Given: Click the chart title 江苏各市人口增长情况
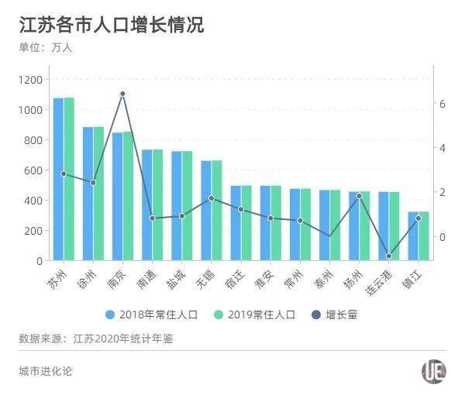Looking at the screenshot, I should coord(112,25).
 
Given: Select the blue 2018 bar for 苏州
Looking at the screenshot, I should coord(58,179).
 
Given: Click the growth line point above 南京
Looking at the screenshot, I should coord(122,94).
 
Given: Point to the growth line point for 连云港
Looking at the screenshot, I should coord(389,256).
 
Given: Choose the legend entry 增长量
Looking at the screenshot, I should coord(335,314).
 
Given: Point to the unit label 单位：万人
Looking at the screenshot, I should coord(46,48).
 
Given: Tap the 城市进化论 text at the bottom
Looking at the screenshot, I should coord(46,371).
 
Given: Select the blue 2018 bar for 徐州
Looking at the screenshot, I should coord(88,194).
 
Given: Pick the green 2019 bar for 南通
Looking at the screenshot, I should coord(157,204).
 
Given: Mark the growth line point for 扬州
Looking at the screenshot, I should coord(359,196).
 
